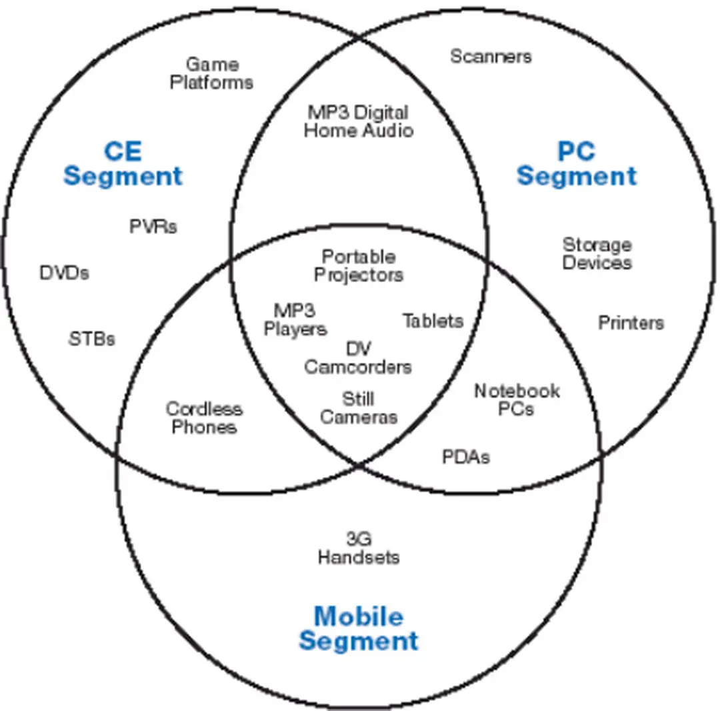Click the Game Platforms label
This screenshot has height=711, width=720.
click(x=211, y=73)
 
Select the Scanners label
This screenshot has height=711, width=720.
click(x=491, y=56)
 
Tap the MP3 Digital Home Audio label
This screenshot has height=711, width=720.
click(x=358, y=121)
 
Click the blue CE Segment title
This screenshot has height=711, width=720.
click(x=123, y=163)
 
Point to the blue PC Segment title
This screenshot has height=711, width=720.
click(x=577, y=163)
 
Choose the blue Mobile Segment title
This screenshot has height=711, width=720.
click(x=359, y=628)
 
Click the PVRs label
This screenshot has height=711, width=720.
click(x=153, y=226)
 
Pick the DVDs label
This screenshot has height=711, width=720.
click(x=64, y=273)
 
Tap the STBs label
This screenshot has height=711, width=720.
click(x=92, y=339)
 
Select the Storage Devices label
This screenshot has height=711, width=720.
click(x=597, y=253)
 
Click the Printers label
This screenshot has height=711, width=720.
click(x=631, y=323)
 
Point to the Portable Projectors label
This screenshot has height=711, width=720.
click(x=359, y=265)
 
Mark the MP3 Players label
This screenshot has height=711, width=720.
click(x=295, y=319)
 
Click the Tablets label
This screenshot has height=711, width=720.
click(x=433, y=321)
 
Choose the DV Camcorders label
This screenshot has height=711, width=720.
click(x=359, y=358)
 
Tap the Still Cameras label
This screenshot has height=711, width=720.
click(x=359, y=408)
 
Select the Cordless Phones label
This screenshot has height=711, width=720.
click(x=204, y=418)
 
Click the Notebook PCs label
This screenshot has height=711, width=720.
click(x=517, y=400)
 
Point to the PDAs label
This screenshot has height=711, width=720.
click(x=466, y=457)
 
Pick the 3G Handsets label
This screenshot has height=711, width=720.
click(x=359, y=547)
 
